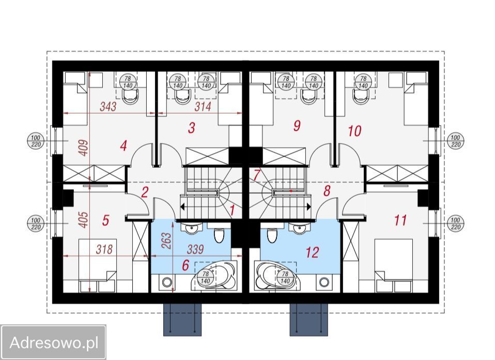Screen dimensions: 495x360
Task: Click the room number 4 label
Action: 124,146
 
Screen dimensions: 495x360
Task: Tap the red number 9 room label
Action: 297,126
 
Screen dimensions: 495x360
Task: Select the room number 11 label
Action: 400,220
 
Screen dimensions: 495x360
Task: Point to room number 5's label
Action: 106,220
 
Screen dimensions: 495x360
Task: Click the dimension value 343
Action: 109,106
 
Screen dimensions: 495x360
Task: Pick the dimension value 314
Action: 203,106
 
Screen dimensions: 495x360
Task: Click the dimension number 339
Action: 195,249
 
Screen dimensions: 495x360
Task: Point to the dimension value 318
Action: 104,249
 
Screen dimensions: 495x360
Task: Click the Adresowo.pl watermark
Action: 54,342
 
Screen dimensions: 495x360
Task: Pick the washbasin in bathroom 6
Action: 191,228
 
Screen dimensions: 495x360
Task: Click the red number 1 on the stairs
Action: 232,210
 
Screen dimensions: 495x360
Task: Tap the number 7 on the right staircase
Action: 256,176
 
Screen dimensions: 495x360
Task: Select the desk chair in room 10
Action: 362,96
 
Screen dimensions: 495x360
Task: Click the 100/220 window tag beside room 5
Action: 36,224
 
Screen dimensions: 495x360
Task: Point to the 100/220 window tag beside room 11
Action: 455,224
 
